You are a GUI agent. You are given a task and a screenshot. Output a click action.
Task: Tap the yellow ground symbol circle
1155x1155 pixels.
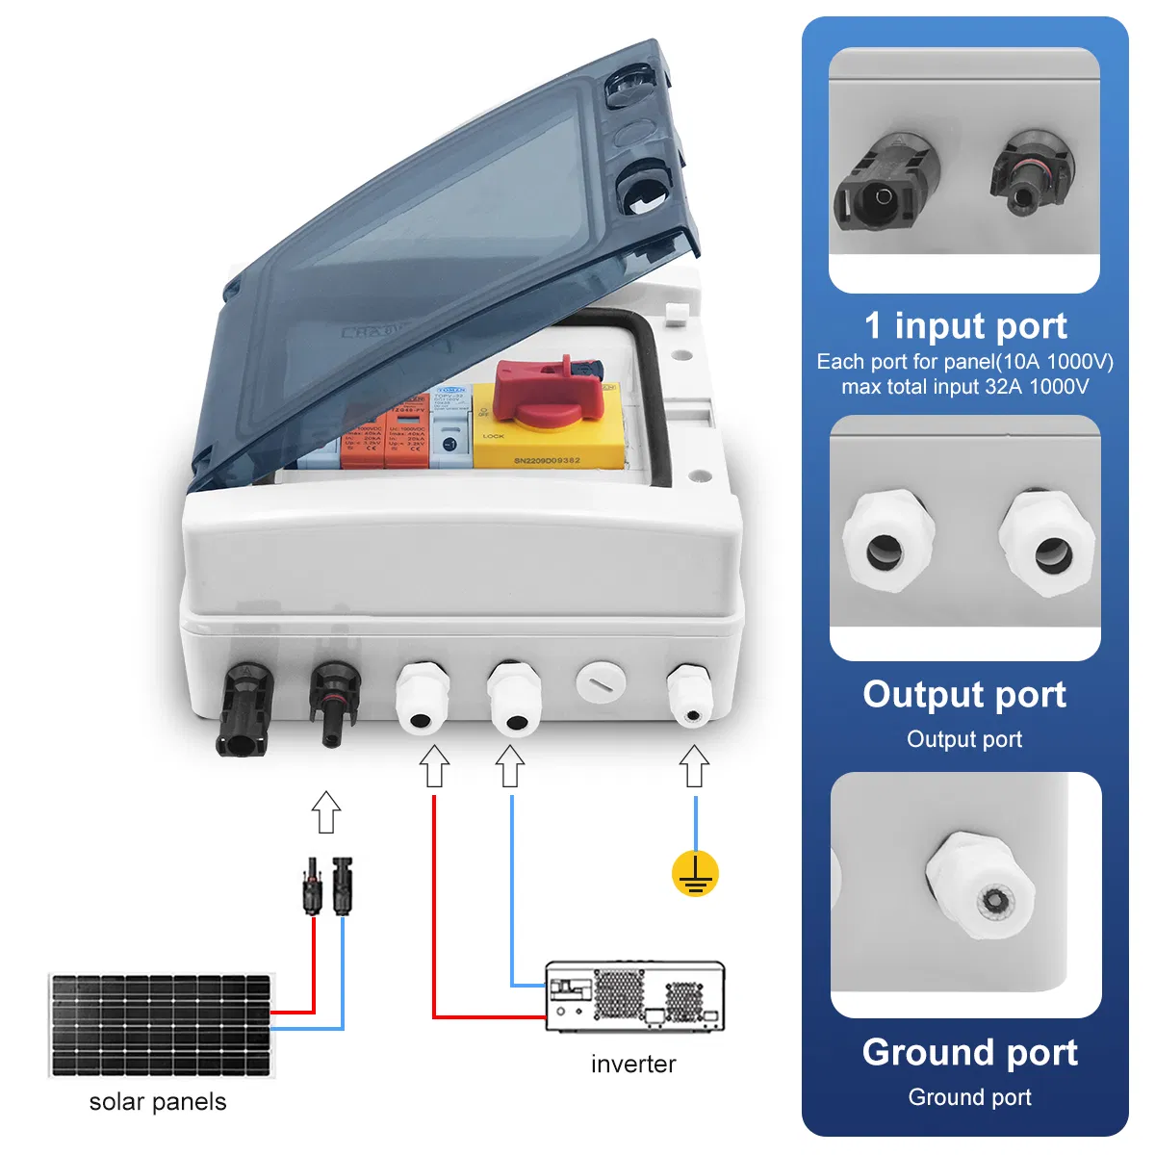[x=695, y=874]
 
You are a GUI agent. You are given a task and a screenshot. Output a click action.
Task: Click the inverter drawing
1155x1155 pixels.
[x=635, y=996]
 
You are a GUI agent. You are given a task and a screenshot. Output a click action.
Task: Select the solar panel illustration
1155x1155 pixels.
[x=161, y=1025]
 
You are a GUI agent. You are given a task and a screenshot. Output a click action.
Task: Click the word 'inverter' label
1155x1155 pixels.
[x=633, y=1064]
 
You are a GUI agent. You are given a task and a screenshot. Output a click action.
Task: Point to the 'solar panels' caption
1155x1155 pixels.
[x=158, y=1102]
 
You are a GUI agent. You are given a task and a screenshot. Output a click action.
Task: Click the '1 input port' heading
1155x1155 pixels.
[x=965, y=325]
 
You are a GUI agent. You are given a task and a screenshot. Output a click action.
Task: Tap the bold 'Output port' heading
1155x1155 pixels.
[x=964, y=694]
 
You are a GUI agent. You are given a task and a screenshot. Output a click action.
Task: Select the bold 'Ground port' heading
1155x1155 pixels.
[x=969, y=1052]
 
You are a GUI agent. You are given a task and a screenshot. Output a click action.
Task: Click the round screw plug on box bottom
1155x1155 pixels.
[x=601, y=683]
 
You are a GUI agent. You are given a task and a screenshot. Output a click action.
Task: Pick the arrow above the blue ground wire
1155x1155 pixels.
[x=694, y=768]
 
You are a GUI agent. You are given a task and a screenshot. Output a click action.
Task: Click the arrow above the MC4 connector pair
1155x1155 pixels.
[x=327, y=811]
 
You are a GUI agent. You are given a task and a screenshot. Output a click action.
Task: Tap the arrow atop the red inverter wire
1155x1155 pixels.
[x=435, y=766]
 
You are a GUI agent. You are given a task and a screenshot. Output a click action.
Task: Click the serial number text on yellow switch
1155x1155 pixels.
[x=546, y=461]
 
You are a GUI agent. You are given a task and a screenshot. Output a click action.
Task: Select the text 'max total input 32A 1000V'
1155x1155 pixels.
[x=964, y=387]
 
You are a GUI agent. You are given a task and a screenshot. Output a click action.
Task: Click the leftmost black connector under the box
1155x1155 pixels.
[x=246, y=709]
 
